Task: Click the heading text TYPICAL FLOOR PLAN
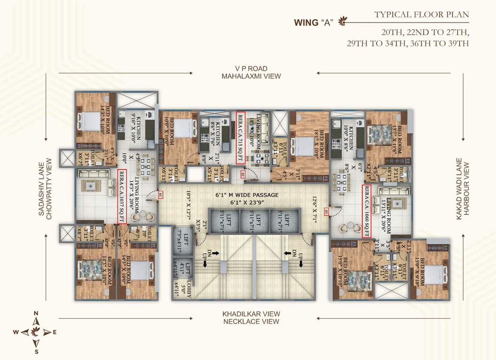[421, 15]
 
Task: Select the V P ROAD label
[251, 68]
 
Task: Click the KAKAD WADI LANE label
[459, 188]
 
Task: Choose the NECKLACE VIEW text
[251, 321]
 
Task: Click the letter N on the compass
[37, 314]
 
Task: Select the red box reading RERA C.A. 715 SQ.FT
[240, 138]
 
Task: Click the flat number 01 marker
[160, 195]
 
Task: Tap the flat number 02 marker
[242, 175]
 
